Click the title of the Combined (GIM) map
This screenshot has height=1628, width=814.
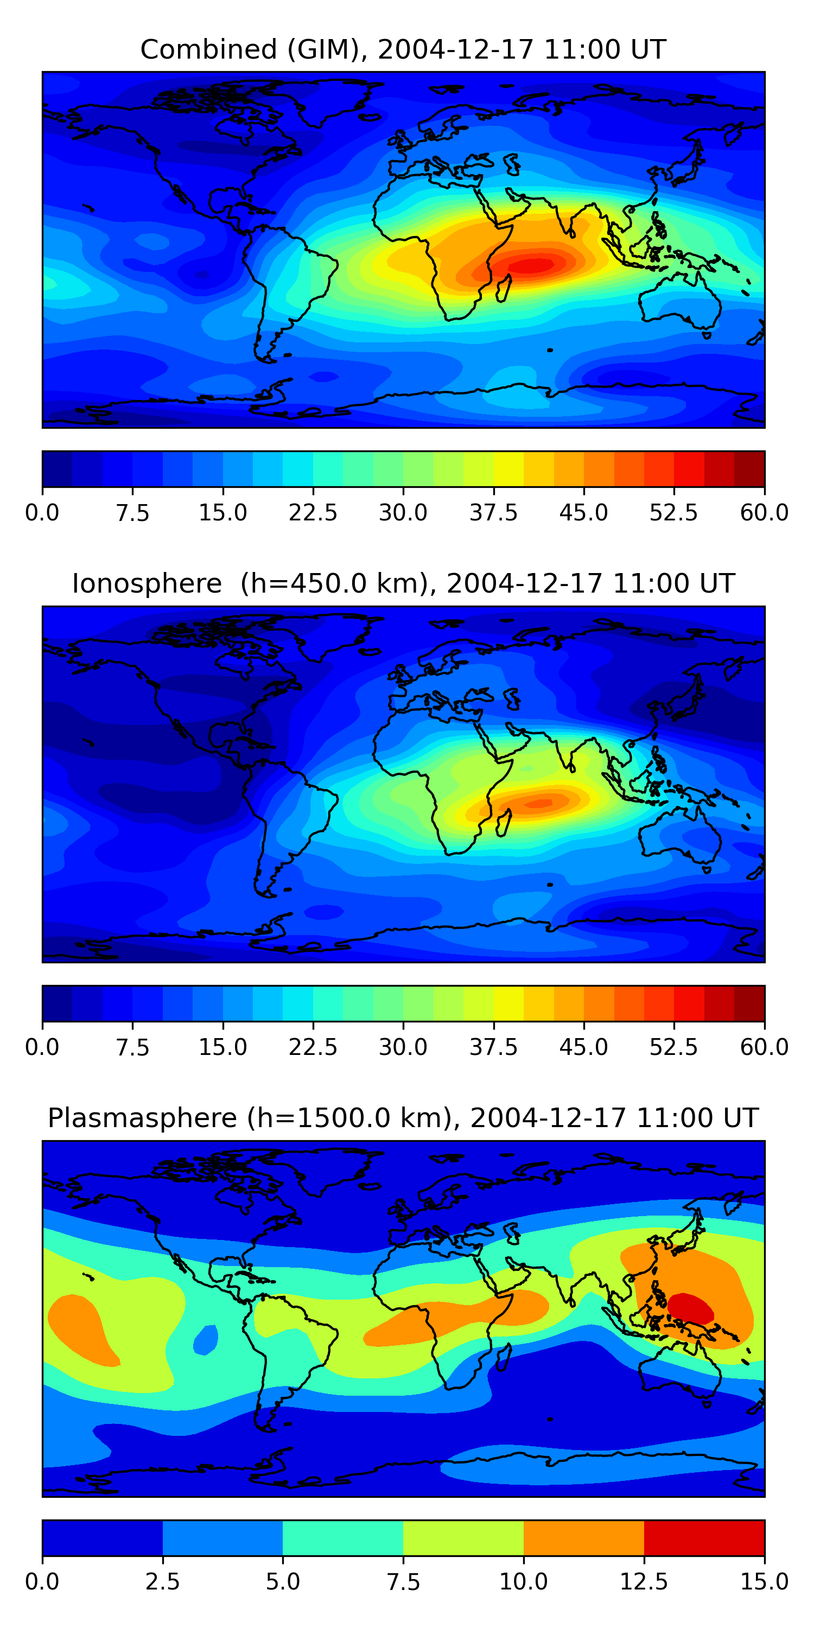click(403, 49)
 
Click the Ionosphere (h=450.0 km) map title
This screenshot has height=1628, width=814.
click(403, 583)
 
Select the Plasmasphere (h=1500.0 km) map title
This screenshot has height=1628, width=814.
click(403, 1118)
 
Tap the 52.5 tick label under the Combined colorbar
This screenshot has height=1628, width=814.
click(673, 512)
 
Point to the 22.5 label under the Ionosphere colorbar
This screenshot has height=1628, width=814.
click(313, 1047)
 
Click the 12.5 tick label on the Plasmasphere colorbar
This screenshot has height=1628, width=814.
click(644, 1582)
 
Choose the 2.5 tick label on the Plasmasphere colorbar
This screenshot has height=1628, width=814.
click(162, 1582)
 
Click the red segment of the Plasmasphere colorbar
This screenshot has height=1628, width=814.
click(704, 1537)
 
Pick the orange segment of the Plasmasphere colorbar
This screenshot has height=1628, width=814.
click(583, 1537)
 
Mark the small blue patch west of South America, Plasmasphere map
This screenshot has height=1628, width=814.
click(205, 1339)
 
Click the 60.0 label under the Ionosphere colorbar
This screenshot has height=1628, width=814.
click(764, 1047)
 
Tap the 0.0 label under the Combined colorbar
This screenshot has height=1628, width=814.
click(42, 512)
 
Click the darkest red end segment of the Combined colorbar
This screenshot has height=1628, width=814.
click(749, 469)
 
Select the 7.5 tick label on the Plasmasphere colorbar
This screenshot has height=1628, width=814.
click(403, 1582)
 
